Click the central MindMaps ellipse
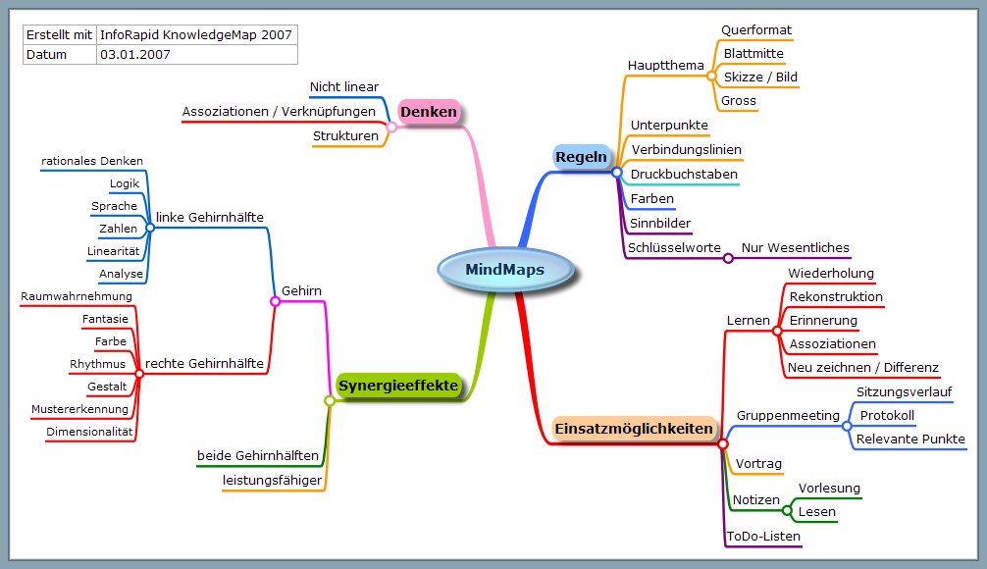[504, 270]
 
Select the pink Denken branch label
[429, 112]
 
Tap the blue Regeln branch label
[582, 157]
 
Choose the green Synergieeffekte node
[399, 386]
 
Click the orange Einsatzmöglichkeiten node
[633, 429]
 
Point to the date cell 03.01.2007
[135, 55]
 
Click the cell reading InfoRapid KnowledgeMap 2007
[196, 34]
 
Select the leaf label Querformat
[756, 30]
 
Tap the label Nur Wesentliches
[795, 248]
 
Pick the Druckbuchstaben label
[684, 175]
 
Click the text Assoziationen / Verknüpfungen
[279, 112]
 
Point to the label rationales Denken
[92, 161]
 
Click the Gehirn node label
[301, 290]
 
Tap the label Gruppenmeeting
[782, 415]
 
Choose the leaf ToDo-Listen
[763, 537]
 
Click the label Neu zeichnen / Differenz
[863, 368]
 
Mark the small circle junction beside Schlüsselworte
[728, 259]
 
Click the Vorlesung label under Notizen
[829, 489]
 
